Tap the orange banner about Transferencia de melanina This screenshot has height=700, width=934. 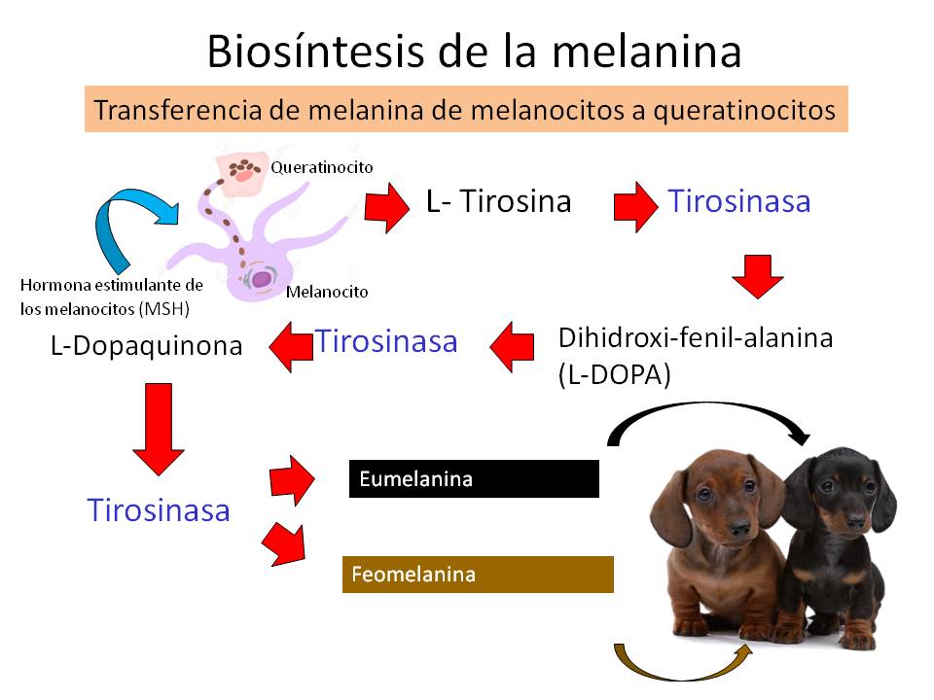click(466, 109)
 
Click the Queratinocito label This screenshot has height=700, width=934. click(322, 167)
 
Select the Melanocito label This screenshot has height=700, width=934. click(327, 292)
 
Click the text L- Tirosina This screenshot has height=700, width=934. click(498, 201)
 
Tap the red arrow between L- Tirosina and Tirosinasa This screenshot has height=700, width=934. click(635, 206)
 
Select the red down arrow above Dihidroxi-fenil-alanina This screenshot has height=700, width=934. click(758, 276)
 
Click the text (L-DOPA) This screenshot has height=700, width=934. click(615, 375)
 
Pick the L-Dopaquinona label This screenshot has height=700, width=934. click(147, 346)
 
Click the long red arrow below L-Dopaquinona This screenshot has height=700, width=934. click(159, 429)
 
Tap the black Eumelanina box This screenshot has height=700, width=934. click(474, 478)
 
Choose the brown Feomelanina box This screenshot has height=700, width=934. click(478, 575)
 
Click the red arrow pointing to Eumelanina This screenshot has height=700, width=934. click(291, 479)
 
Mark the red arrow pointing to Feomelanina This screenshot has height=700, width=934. click(285, 544)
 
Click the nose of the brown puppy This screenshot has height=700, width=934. click(740, 526)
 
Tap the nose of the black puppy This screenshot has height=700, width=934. click(856, 523)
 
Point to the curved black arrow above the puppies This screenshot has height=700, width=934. click(702, 410)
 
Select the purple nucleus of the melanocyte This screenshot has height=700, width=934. click(261, 278)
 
